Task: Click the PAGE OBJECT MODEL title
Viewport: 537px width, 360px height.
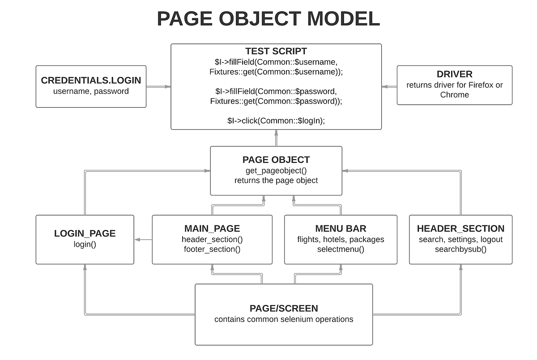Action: coord(268,19)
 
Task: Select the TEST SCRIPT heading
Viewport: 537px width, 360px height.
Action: coord(276,51)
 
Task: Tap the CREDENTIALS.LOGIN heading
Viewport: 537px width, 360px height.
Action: coord(91,80)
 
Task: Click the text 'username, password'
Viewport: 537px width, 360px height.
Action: coord(91,91)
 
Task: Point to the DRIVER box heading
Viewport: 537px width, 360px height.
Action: coord(454,74)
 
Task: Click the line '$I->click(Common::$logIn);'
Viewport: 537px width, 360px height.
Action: coord(276,120)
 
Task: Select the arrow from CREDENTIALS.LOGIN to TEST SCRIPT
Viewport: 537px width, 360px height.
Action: coord(158,87)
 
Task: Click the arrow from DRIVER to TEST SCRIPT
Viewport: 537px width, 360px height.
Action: coord(389,87)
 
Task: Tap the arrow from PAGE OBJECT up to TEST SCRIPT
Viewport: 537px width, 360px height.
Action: coord(276,138)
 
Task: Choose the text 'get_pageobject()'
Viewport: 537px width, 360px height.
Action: coord(276,171)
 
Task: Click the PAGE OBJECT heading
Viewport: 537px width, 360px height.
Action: coord(276,160)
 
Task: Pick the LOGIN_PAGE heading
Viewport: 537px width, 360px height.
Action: coord(85,233)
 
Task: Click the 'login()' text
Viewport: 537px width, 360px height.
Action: coord(85,244)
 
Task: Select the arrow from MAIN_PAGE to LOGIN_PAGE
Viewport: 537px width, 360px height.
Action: coord(143,240)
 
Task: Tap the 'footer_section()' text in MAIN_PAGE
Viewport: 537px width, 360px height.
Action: coord(212,249)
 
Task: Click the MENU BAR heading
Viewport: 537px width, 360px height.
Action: coord(341,229)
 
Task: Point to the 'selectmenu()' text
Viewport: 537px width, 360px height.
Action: coord(341,249)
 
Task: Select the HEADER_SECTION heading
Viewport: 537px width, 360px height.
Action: coord(460,229)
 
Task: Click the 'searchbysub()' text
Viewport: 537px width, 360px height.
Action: coord(460,249)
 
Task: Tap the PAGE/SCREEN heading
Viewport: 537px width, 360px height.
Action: coord(284,308)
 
